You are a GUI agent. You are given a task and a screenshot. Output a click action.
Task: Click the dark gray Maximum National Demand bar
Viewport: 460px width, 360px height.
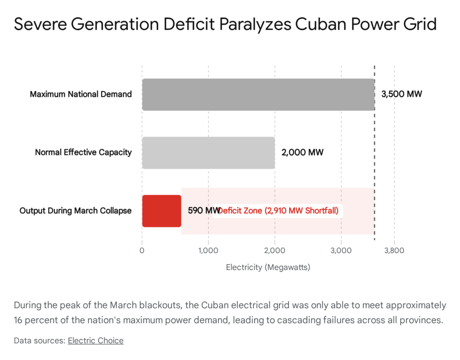point(258,94)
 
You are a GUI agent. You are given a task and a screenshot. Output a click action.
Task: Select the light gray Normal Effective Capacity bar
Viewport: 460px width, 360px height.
point(208,153)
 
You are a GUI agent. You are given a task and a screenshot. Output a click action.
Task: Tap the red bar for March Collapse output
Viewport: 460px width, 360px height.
point(162,211)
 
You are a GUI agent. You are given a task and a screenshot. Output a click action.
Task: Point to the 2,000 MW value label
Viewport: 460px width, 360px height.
point(302,153)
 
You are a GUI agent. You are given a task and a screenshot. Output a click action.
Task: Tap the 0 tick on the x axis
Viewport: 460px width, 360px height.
point(142,250)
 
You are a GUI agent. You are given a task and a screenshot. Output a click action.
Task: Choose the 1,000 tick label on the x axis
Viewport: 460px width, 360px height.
point(208,250)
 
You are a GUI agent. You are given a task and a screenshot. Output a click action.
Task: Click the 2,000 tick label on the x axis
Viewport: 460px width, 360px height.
point(275,250)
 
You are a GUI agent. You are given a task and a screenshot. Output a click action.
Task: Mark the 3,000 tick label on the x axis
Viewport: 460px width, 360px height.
point(341,250)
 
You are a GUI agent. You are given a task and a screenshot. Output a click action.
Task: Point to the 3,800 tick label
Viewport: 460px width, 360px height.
point(394,250)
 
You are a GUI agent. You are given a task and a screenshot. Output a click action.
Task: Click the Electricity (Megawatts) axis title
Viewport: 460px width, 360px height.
point(268,267)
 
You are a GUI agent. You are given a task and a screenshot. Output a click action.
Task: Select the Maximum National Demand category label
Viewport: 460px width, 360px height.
point(81,94)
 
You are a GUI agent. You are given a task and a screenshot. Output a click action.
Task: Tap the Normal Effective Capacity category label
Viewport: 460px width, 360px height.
point(84,153)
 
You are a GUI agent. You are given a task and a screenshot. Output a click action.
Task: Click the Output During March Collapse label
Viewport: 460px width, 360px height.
point(75,211)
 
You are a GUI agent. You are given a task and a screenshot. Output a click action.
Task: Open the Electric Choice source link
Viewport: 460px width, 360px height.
point(96,341)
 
